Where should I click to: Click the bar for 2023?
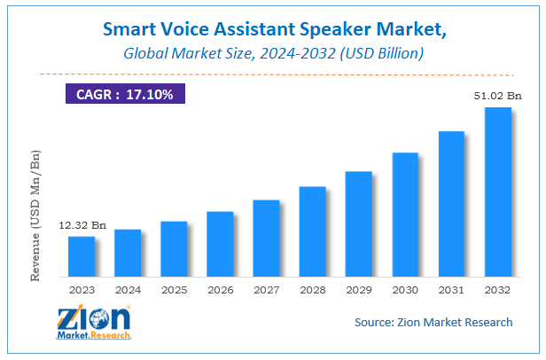[x=82, y=256]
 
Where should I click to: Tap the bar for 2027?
[x=266, y=238]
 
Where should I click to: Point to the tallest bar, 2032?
[x=497, y=192]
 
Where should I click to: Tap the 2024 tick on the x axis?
[x=128, y=289]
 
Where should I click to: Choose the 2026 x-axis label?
[x=220, y=289]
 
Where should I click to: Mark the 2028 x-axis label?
[x=312, y=289]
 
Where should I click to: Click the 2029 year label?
[x=358, y=289]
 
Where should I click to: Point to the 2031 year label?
[x=451, y=289]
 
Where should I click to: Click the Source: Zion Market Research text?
[x=433, y=322]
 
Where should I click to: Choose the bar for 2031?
[x=451, y=204]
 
